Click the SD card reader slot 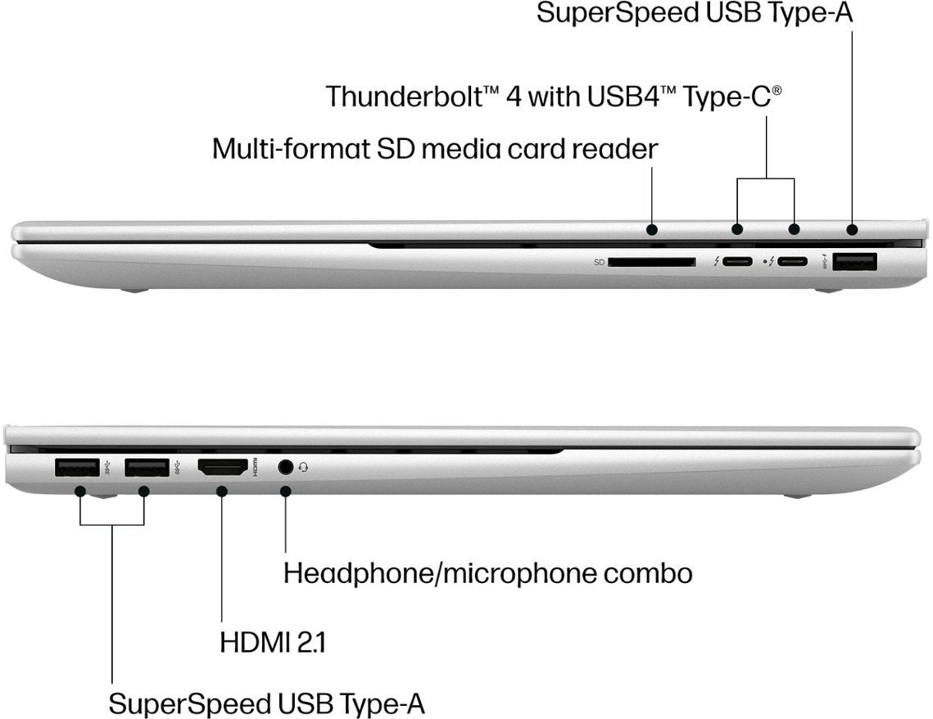click(652, 263)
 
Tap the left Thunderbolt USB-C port click(737, 263)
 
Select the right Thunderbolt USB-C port click(793, 263)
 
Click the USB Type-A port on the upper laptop click(854, 262)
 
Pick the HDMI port click(222, 468)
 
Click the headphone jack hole click(285, 468)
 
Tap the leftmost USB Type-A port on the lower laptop click(77, 468)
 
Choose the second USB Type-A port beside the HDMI click(147, 468)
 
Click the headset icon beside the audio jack click(304, 468)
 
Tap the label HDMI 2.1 click(273, 642)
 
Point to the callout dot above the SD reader click(652, 229)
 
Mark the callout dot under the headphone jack click(285, 491)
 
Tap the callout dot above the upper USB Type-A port click(853, 229)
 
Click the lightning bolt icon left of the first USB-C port click(717, 263)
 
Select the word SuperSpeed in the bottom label click(189, 703)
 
